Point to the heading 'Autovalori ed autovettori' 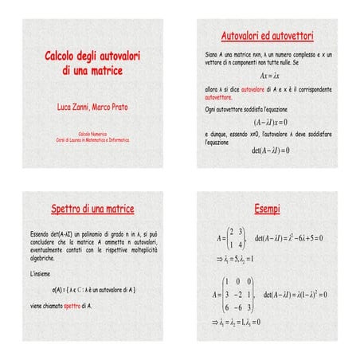pyautogui.click(x=266, y=36)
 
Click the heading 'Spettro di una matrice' pyautogui.click(x=92, y=209)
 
